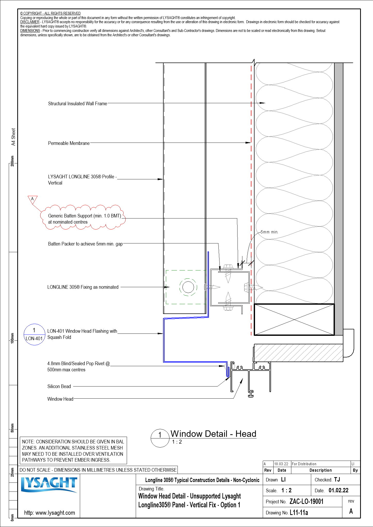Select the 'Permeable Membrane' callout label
click(69, 143)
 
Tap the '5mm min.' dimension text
click(269, 232)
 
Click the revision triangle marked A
click(32, 199)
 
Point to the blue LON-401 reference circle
click(34, 334)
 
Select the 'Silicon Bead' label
click(59, 386)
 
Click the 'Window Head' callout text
click(60, 399)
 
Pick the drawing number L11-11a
click(299, 513)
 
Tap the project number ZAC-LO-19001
click(306, 502)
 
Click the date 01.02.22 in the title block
click(338, 490)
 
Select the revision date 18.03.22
click(281, 464)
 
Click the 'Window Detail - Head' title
click(213, 434)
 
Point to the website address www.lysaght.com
click(49, 513)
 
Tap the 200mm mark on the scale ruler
click(12, 161)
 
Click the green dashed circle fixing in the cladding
click(188, 287)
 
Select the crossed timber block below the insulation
click(294, 320)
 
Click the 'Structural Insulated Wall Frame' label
click(78, 104)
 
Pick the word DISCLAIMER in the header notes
click(30, 22)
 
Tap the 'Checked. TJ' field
click(327, 480)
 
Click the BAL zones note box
click(73, 451)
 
